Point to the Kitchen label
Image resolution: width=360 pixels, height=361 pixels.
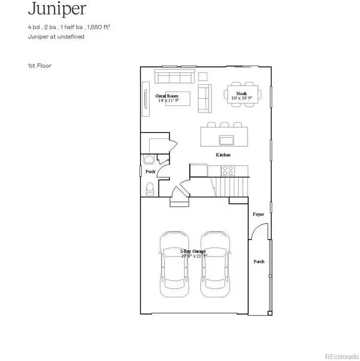(x=224, y=155)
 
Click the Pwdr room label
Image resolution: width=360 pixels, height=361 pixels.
(x=150, y=172)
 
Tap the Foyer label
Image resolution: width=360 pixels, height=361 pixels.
(x=258, y=214)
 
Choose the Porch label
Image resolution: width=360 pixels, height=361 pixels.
(x=258, y=262)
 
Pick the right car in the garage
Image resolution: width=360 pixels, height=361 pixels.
(x=215, y=264)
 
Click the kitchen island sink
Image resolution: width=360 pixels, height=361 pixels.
(x=227, y=140)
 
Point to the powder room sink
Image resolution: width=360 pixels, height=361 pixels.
(x=148, y=160)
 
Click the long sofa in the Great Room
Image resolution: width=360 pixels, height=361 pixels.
(x=172, y=77)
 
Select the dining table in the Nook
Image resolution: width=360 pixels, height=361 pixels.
(x=242, y=95)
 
